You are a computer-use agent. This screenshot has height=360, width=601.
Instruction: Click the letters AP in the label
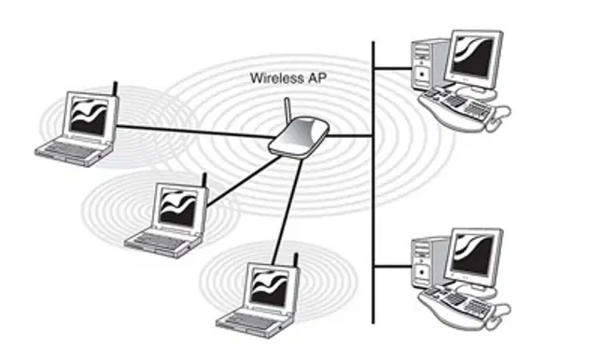(317, 78)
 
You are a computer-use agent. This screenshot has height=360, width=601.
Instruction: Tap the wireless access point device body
(299, 137)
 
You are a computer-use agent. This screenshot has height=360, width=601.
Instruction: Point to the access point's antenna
(287, 109)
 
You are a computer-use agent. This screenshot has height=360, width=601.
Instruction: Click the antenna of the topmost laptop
(115, 89)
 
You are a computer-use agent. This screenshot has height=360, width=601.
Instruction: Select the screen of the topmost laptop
(89, 117)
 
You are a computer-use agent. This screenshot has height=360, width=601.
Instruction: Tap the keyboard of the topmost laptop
(70, 150)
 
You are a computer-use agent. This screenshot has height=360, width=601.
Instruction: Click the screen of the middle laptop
(178, 207)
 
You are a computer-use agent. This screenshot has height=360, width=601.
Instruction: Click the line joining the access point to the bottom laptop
(287, 212)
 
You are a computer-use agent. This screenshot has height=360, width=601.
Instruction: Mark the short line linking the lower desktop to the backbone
(393, 266)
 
